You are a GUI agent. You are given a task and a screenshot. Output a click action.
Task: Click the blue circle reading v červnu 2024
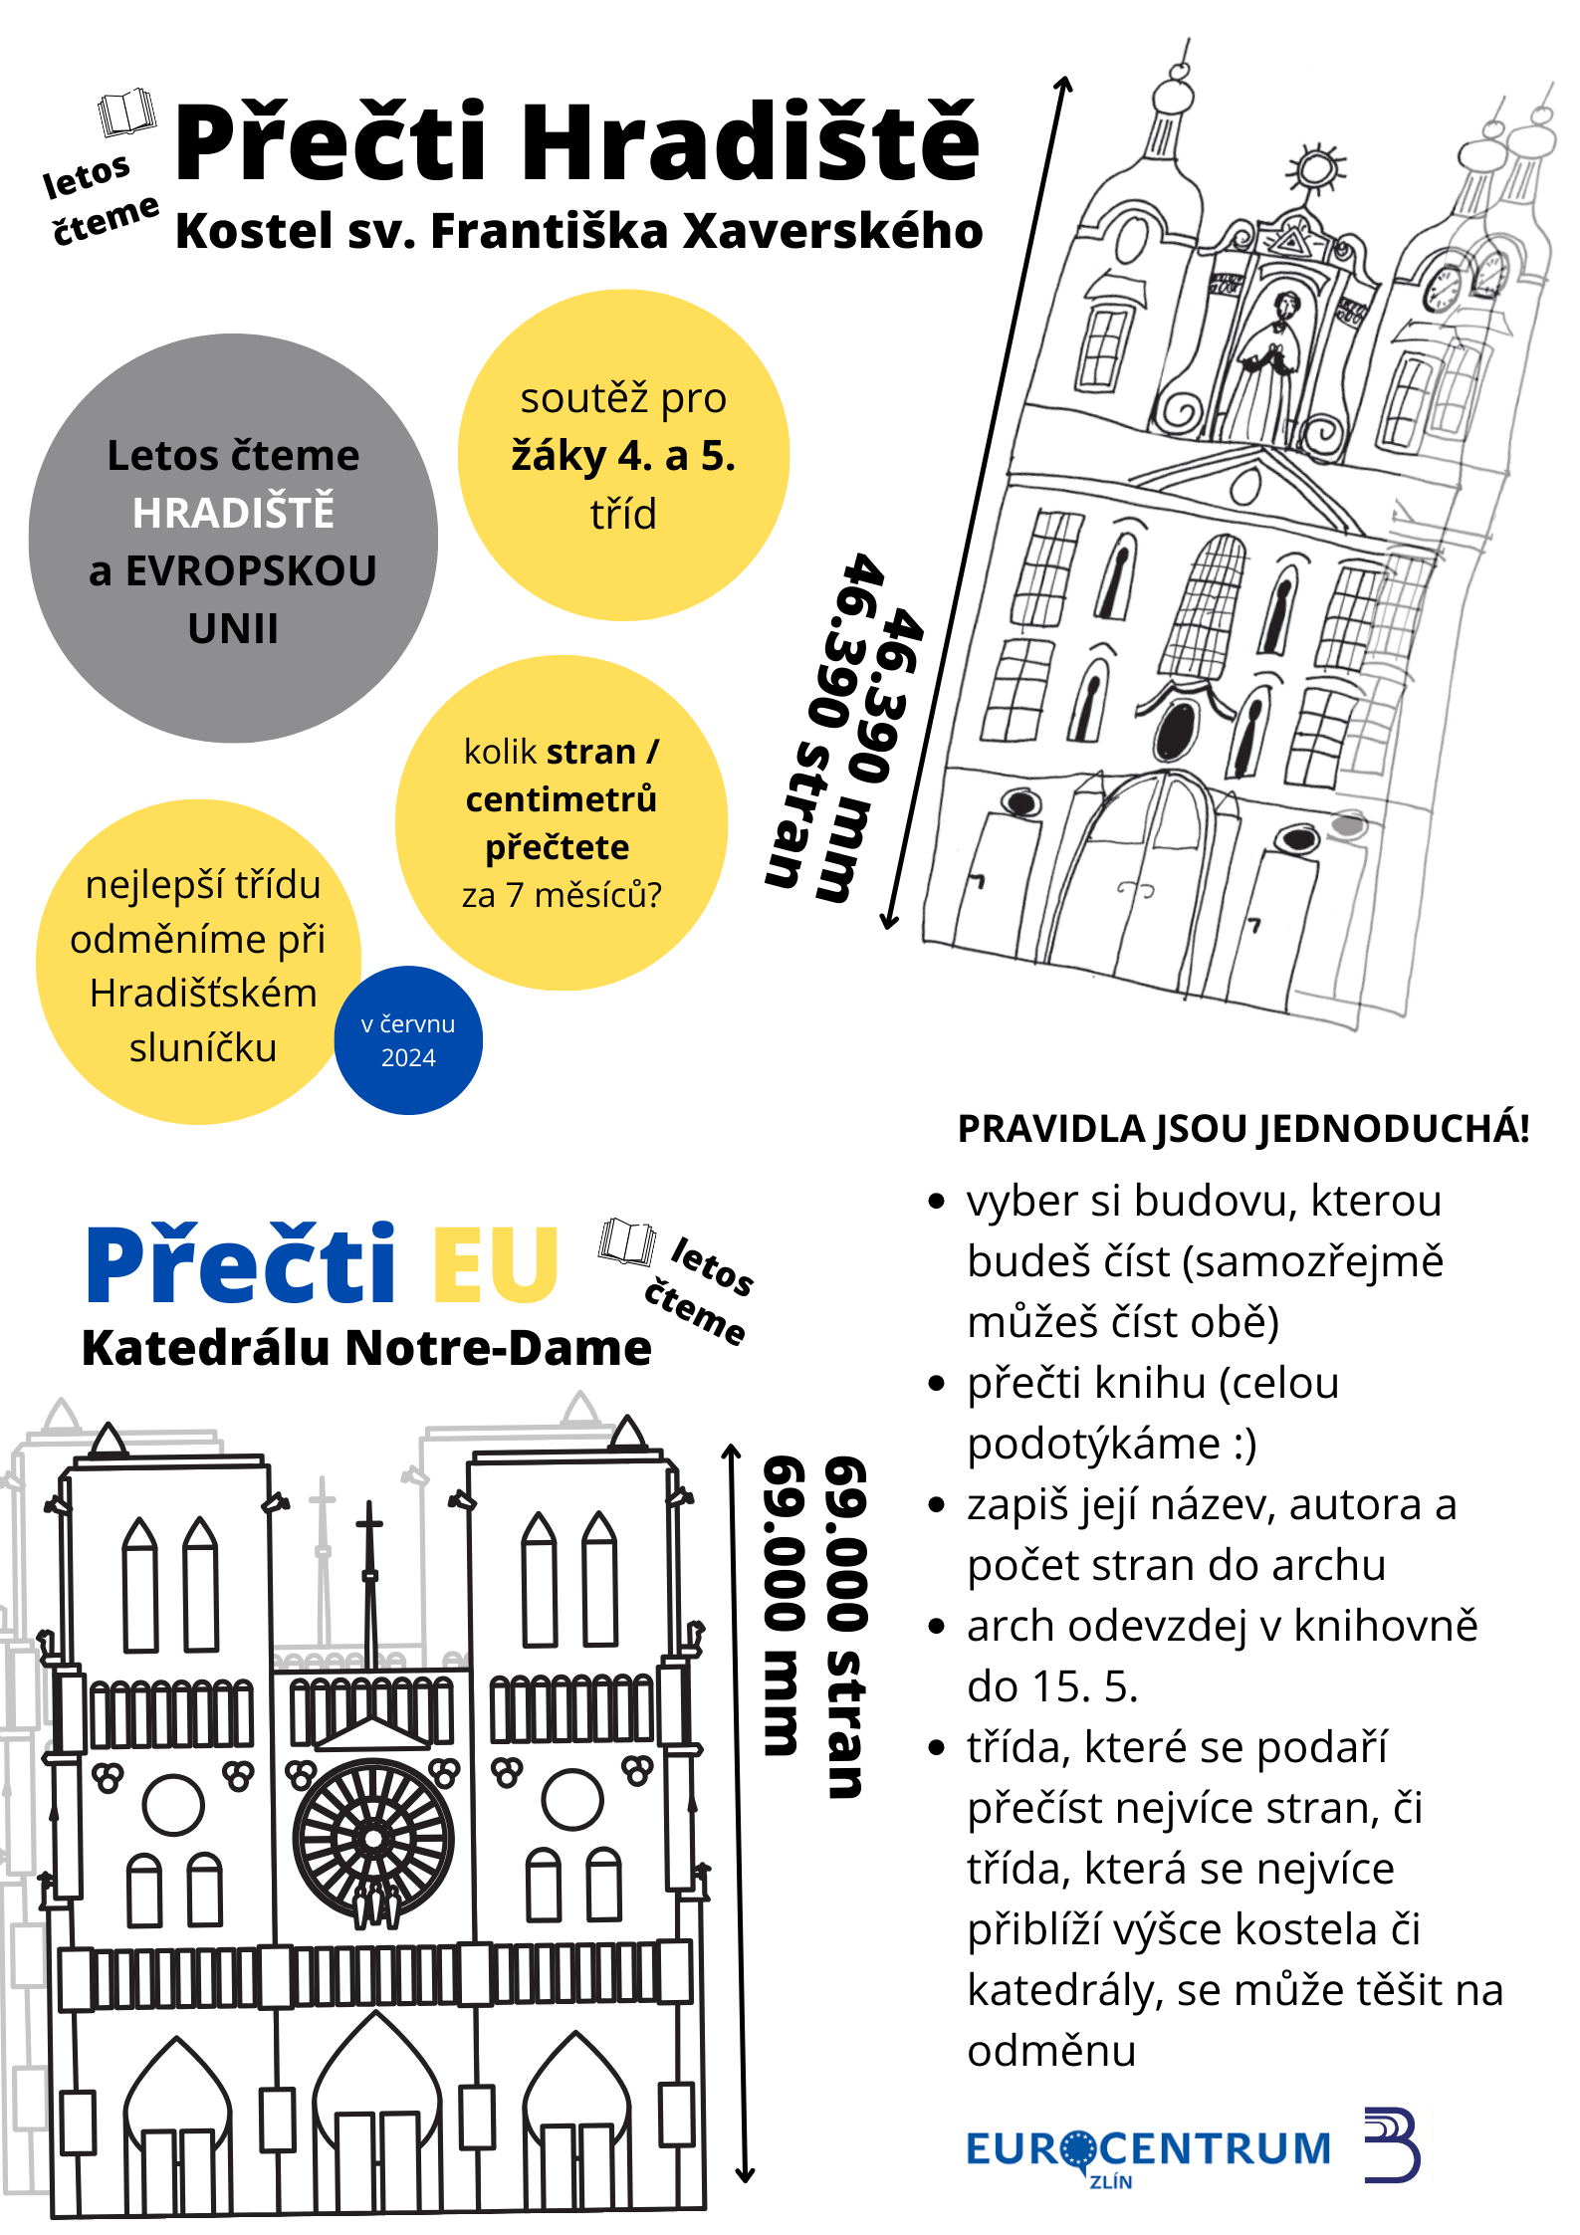click(408, 1040)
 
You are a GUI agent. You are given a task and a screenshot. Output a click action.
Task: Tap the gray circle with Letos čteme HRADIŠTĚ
click(233, 539)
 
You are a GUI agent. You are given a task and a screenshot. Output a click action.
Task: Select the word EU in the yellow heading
click(495, 1263)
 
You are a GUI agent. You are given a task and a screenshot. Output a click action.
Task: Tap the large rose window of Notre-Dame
click(373, 1838)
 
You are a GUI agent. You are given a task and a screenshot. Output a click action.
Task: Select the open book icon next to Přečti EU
click(627, 1241)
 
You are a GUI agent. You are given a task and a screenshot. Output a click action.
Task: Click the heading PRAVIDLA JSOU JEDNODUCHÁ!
click(1243, 1129)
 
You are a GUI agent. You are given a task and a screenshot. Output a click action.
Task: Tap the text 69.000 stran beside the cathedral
click(846, 1627)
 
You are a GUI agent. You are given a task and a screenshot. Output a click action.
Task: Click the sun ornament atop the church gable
click(1316, 169)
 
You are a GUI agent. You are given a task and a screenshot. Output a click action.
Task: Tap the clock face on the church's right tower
click(1442, 289)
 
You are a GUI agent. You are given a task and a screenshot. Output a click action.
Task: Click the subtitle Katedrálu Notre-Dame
click(366, 1348)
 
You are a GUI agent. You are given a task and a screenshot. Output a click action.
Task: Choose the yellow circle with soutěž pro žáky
click(623, 456)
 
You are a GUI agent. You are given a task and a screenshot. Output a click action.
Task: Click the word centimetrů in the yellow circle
click(562, 799)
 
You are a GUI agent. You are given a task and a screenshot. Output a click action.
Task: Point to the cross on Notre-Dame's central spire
click(369, 1523)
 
